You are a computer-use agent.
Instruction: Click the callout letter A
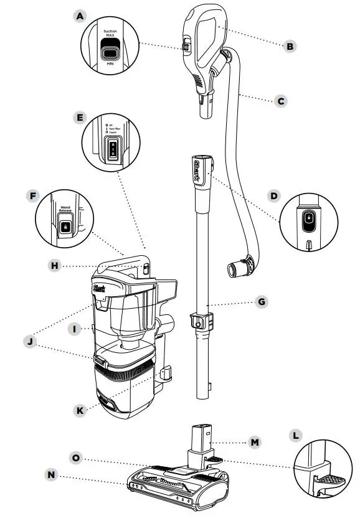78,17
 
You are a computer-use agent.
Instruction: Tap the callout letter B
288,45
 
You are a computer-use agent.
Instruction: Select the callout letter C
281,100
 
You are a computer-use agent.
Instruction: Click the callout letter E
79,116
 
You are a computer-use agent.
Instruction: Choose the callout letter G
262,302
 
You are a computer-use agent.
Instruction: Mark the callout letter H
56,265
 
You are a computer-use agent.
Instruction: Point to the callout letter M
253,443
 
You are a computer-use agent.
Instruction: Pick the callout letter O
76,457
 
